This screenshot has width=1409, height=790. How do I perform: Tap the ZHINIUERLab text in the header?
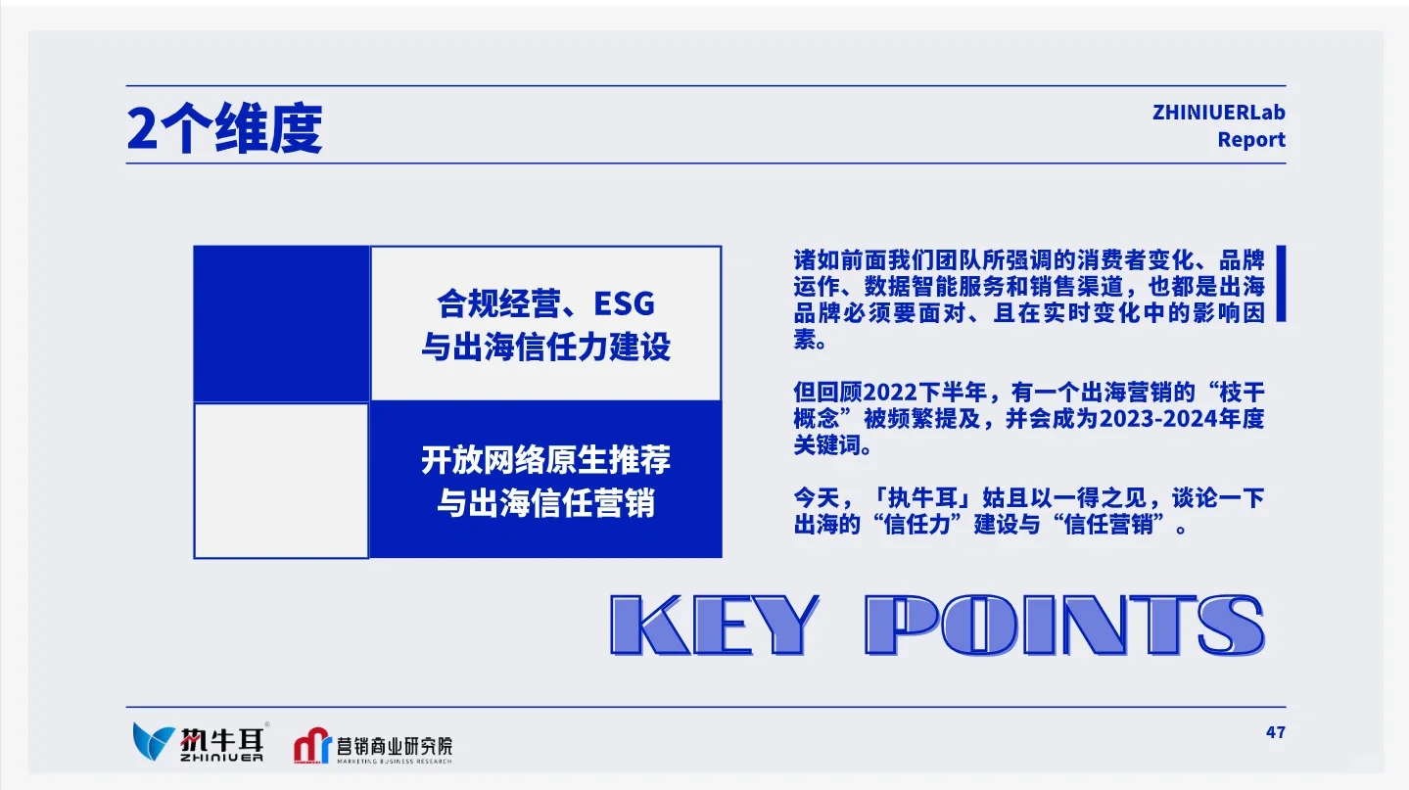[1218, 113]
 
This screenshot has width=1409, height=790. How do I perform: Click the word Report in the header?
[1250, 140]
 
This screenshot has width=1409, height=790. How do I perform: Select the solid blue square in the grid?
[281, 323]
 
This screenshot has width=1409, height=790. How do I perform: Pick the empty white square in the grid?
[281, 480]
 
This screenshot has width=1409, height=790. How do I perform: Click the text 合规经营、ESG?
[545, 304]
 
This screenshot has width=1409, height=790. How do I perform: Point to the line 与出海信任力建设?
[545, 348]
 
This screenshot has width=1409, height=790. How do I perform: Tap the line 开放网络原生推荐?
[545, 460]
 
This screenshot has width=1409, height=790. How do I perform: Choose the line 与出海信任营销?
[545, 504]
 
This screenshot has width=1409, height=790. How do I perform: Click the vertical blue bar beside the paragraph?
[1281, 284]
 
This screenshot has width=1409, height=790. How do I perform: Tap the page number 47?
[1274, 732]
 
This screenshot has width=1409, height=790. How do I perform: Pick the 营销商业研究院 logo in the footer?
[373, 747]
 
